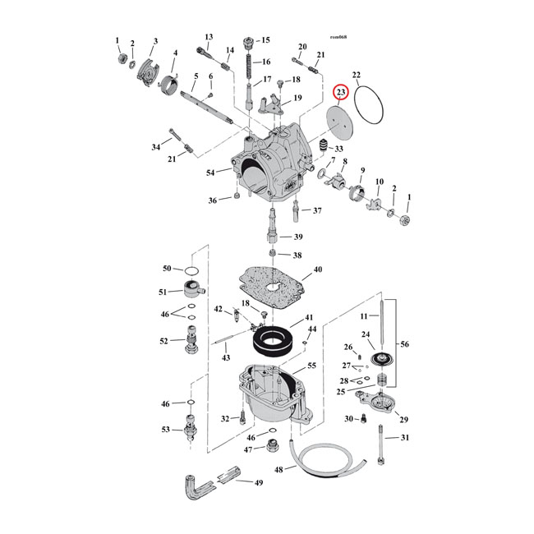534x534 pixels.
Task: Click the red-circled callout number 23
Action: click(x=342, y=94)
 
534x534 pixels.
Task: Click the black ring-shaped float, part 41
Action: click(x=269, y=338)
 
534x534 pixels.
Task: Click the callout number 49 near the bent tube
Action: click(x=258, y=482)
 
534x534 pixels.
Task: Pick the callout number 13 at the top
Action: click(x=209, y=37)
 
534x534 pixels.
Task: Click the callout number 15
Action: click(x=265, y=40)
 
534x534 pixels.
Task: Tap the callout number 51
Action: click(x=165, y=292)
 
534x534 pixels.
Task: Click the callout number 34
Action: click(x=156, y=148)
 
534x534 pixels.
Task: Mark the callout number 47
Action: click(x=248, y=449)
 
